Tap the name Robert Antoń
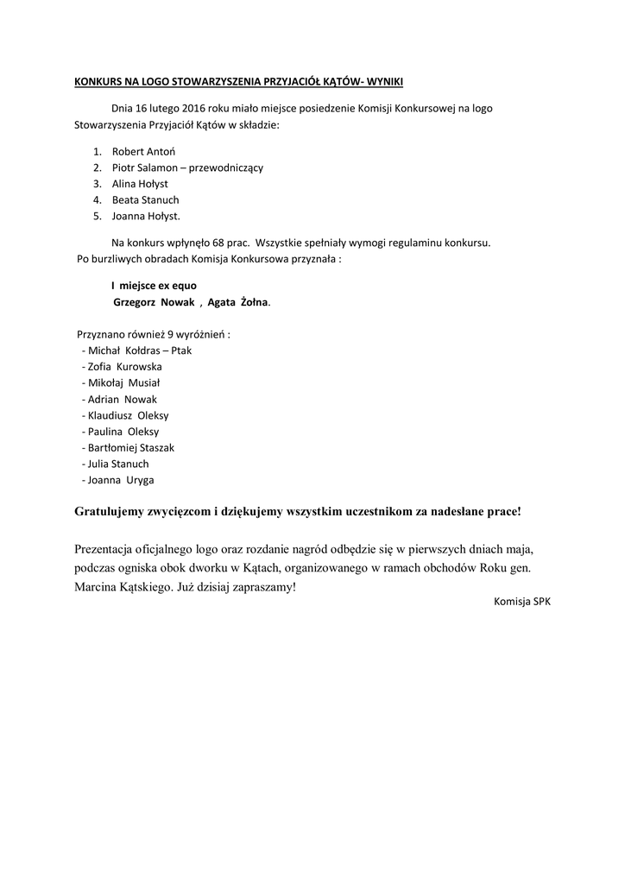(x=143, y=152)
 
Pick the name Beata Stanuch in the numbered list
(x=146, y=199)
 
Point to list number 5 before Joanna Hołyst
(x=98, y=216)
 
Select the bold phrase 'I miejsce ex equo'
(x=160, y=286)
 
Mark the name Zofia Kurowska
(x=125, y=367)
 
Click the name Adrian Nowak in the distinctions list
(x=123, y=399)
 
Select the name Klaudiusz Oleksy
(x=129, y=415)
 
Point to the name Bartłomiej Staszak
(x=131, y=447)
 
